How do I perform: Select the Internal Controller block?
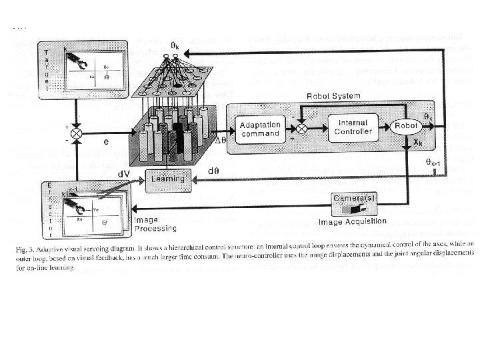[353, 127]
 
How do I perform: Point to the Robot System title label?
[333, 96]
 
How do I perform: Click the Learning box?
[168, 178]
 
